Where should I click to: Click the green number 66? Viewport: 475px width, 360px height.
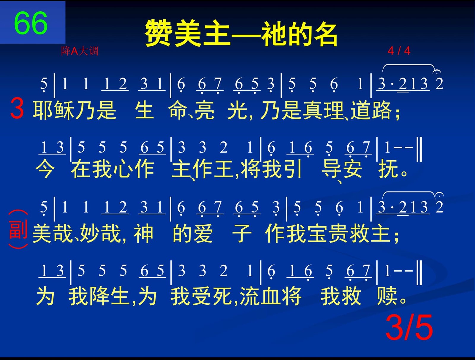(31, 23)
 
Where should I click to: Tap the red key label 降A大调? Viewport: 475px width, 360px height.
(80, 51)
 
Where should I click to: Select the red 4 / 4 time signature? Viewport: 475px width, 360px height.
(399, 51)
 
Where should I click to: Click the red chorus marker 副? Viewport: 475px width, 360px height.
(18, 229)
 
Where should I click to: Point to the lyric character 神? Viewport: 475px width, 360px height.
(143, 234)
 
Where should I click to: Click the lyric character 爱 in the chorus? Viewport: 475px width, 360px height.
(203, 234)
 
